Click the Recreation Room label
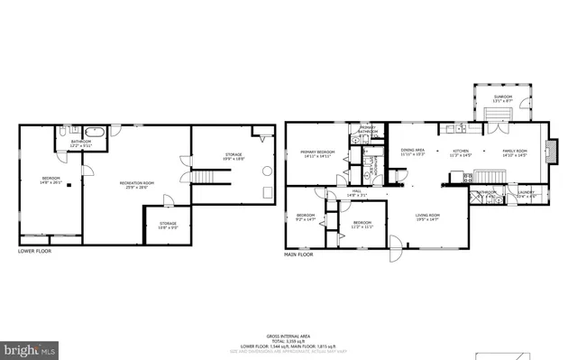point(137,185)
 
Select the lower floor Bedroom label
point(50,180)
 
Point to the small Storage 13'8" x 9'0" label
point(169,224)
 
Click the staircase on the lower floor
point(209,173)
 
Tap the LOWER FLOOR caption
point(34,252)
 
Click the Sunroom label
point(502,98)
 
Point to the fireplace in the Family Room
point(554,149)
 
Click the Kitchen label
point(461,152)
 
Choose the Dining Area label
point(413,152)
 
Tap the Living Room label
point(426,217)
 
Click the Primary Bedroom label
point(317,153)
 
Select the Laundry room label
point(527,192)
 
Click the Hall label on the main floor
point(357,192)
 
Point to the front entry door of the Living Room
point(390,245)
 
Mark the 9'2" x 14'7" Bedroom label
point(307,217)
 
